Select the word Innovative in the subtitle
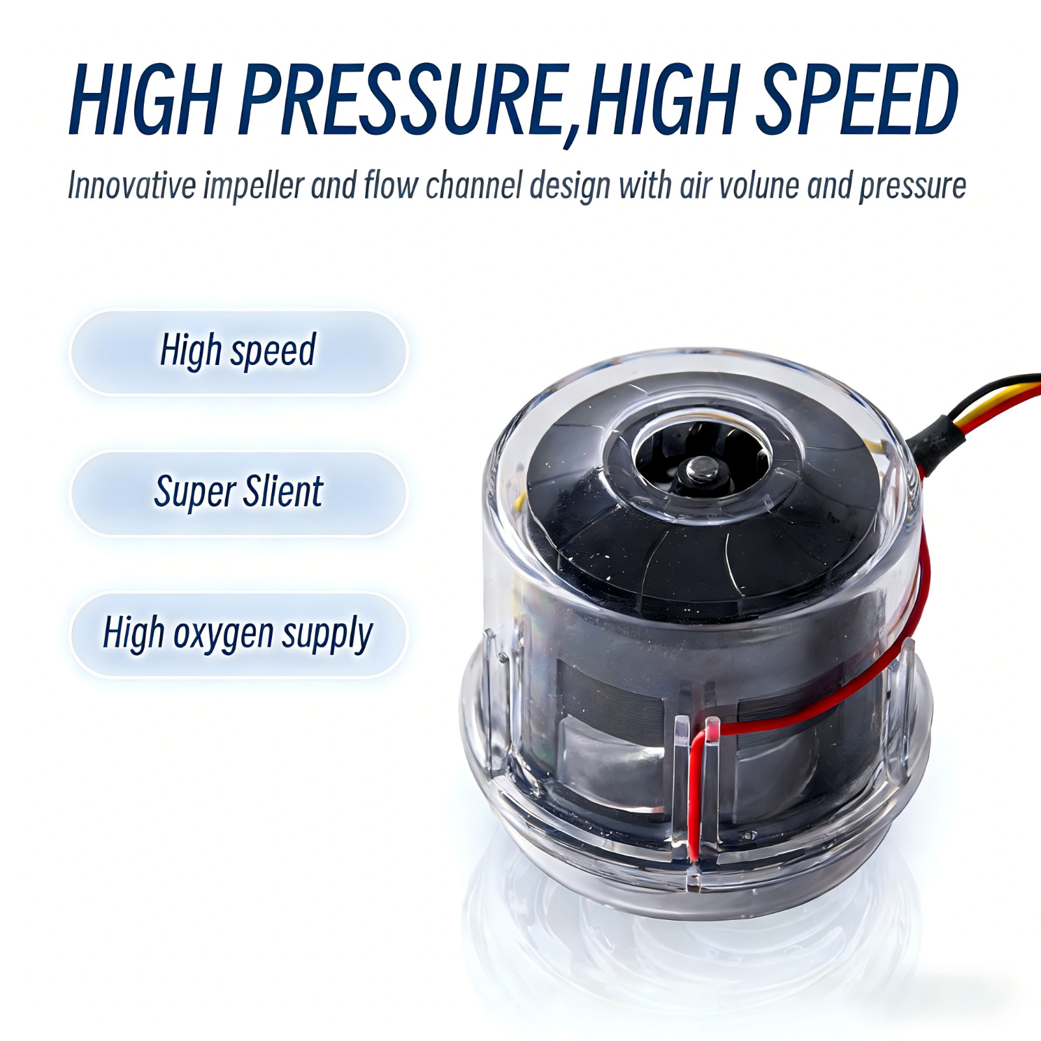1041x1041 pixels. coord(131,185)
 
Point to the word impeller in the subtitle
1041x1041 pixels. coord(253,187)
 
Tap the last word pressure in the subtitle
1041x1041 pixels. coord(912,187)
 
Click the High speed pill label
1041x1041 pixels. coord(238,351)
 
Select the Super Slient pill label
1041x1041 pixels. coord(238,493)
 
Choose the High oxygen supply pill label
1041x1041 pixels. coord(238,634)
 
